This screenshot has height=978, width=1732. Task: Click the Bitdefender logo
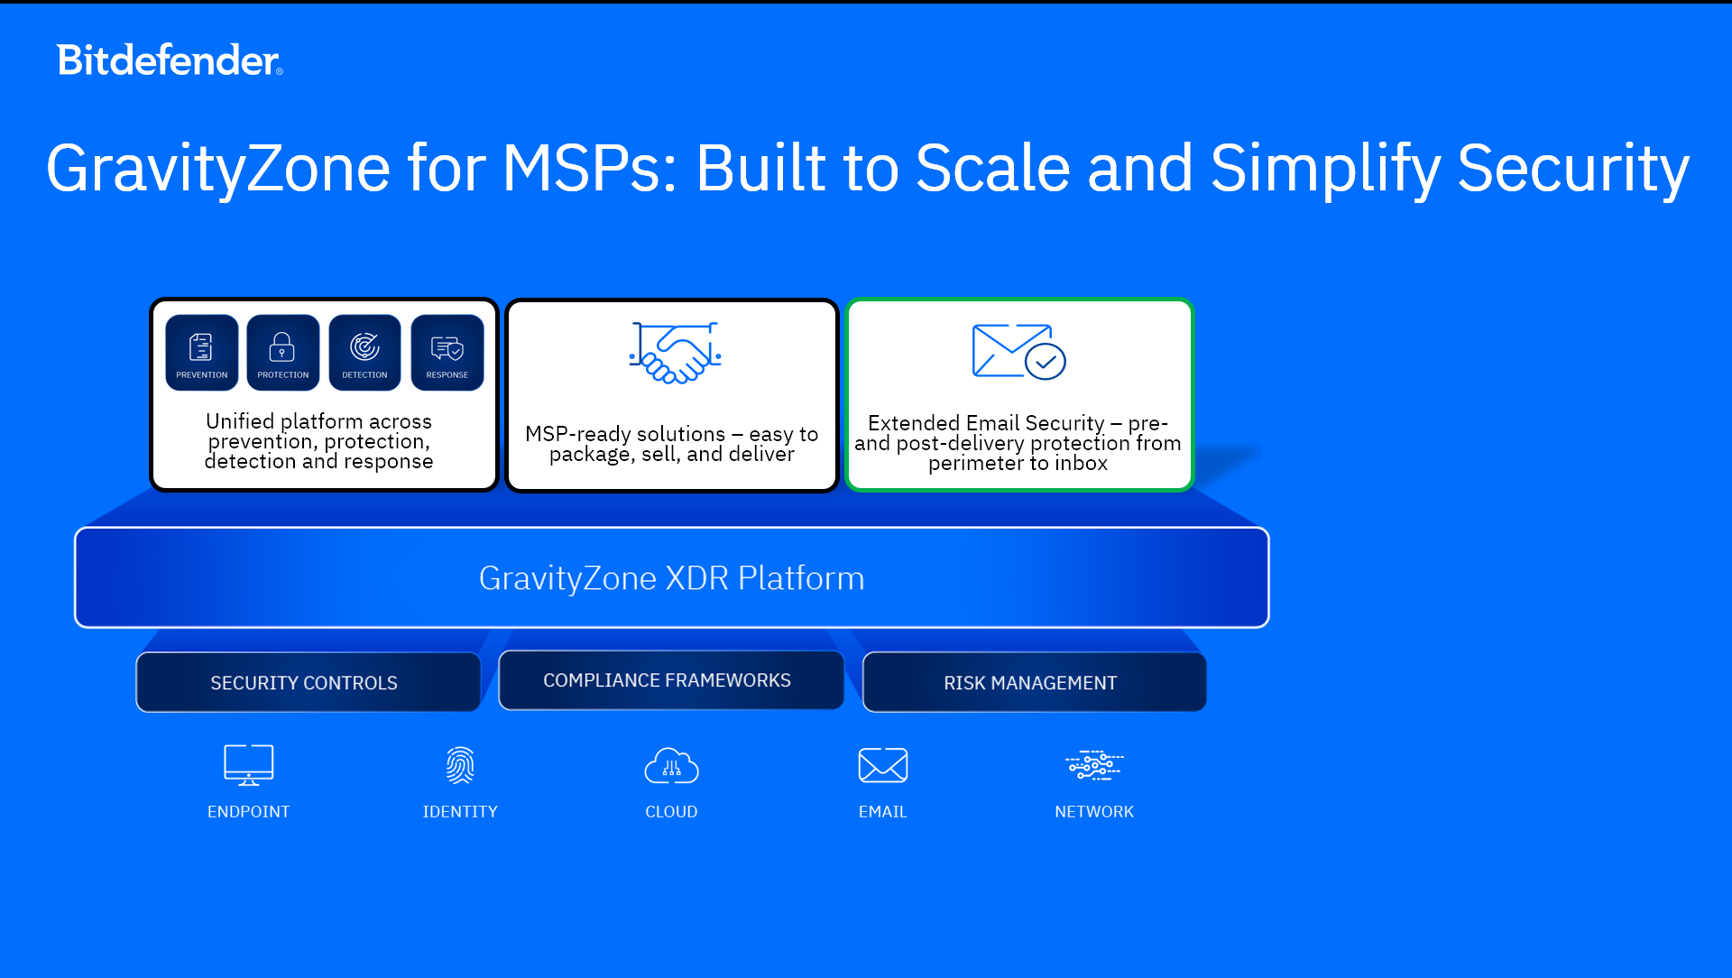pos(170,60)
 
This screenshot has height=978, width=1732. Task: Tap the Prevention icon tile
pos(202,352)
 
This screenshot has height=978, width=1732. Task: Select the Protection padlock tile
pos(283,352)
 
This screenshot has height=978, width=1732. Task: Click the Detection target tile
pos(364,352)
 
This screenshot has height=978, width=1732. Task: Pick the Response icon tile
pos(447,352)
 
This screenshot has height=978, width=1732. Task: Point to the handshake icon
pos(675,353)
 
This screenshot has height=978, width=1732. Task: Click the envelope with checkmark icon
pos(1019,352)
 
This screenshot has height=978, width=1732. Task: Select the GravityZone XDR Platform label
pos(672,578)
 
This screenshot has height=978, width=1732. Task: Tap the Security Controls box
pos(308,682)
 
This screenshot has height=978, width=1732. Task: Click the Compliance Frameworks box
pos(671,680)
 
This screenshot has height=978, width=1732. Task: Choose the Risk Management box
pos(1035,682)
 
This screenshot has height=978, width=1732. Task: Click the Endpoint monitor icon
pos(249,765)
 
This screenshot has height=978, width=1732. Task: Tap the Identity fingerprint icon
pos(460,765)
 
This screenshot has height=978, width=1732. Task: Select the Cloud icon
pos(671,766)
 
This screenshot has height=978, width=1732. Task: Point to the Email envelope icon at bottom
pos(883,765)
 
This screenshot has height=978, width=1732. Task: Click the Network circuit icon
pos(1094,765)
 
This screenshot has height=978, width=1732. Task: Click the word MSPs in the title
pos(590,168)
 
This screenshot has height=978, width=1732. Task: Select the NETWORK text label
pos(1094,812)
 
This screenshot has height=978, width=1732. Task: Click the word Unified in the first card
pos(240,421)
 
